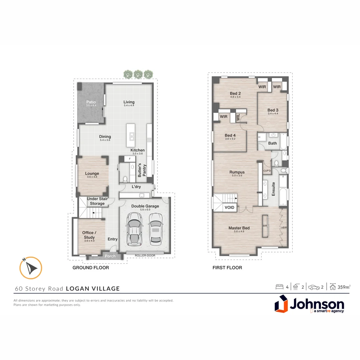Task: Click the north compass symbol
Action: pyautogui.click(x=31, y=268)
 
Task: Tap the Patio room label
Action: pyautogui.click(x=91, y=102)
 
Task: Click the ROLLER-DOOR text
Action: pyautogui.click(x=145, y=256)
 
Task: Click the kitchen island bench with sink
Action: pyautogui.click(x=131, y=136)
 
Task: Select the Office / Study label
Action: pyautogui.click(x=89, y=235)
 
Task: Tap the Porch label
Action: pyautogui.click(x=110, y=256)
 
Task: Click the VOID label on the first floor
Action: pyautogui.click(x=230, y=207)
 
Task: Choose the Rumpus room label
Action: pyautogui.click(x=237, y=172)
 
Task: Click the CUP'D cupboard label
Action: pyautogui.click(x=267, y=171)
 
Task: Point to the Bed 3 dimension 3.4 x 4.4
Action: pyautogui.click(x=273, y=114)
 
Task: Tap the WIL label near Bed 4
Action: pyautogui.click(x=238, y=117)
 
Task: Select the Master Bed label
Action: pyautogui.click(x=239, y=228)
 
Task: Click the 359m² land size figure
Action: pyautogui.click(x=344, y=287)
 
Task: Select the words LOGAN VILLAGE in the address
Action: pyautogui.click(x=93, y=289)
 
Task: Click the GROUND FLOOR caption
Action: pyautogui.click(x=91, y=268)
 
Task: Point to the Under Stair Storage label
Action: pyautogui.click(x=97, y=201)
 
